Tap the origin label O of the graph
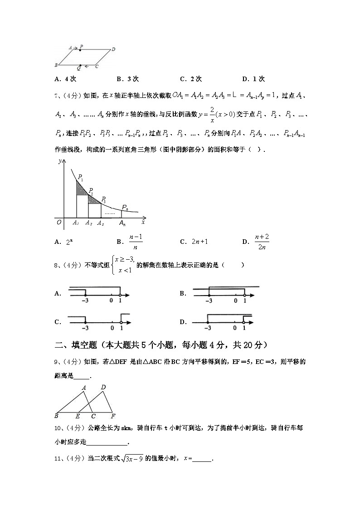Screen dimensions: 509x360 58,222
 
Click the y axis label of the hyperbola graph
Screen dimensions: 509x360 60,161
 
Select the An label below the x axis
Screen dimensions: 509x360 122,223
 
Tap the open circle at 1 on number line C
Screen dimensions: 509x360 121,323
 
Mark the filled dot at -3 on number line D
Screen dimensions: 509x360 208,322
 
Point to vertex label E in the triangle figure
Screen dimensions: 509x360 78,416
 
